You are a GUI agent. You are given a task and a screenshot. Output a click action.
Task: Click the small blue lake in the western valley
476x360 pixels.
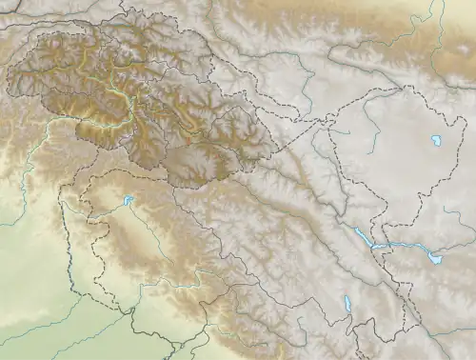pos(127,201)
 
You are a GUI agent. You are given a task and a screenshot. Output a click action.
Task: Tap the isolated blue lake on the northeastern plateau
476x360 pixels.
pos(437,140)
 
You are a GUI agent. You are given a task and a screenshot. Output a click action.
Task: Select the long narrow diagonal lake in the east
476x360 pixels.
pos(363,237)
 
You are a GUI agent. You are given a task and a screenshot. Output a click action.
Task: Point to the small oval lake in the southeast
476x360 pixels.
pos(346,307)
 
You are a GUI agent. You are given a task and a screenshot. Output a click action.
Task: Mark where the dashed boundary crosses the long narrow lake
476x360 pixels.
pos(373,245)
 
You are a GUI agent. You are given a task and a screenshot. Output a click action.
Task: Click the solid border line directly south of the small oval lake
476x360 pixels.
pos(347,329)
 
